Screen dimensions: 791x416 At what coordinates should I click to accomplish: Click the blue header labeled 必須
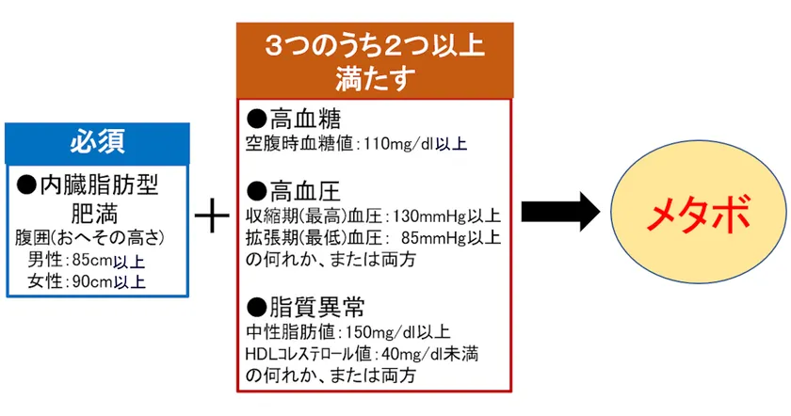[x=97, y=143]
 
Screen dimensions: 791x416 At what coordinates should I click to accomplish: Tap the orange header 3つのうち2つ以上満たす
[x=375, y=60]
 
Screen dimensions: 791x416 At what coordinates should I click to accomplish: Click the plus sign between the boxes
[x=213, y=216]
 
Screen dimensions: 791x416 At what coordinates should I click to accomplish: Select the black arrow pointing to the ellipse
[x=560, y=212]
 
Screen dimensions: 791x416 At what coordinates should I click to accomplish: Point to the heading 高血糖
[x=305, y=120]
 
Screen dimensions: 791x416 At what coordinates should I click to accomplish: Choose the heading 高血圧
[x=305, y=191]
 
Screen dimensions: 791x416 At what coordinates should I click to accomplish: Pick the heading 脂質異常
[x=316, y=307]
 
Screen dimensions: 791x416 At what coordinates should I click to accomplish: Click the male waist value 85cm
[x=92, y=261]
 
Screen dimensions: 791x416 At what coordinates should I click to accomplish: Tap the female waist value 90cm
[x=92, y=281]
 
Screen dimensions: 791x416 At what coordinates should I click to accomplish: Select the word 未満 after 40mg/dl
[x=460, y=354]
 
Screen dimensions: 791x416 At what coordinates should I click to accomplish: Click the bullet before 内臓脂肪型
[x=26, y=185]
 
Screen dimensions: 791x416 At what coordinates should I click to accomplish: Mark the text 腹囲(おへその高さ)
[x=89, y=238]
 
